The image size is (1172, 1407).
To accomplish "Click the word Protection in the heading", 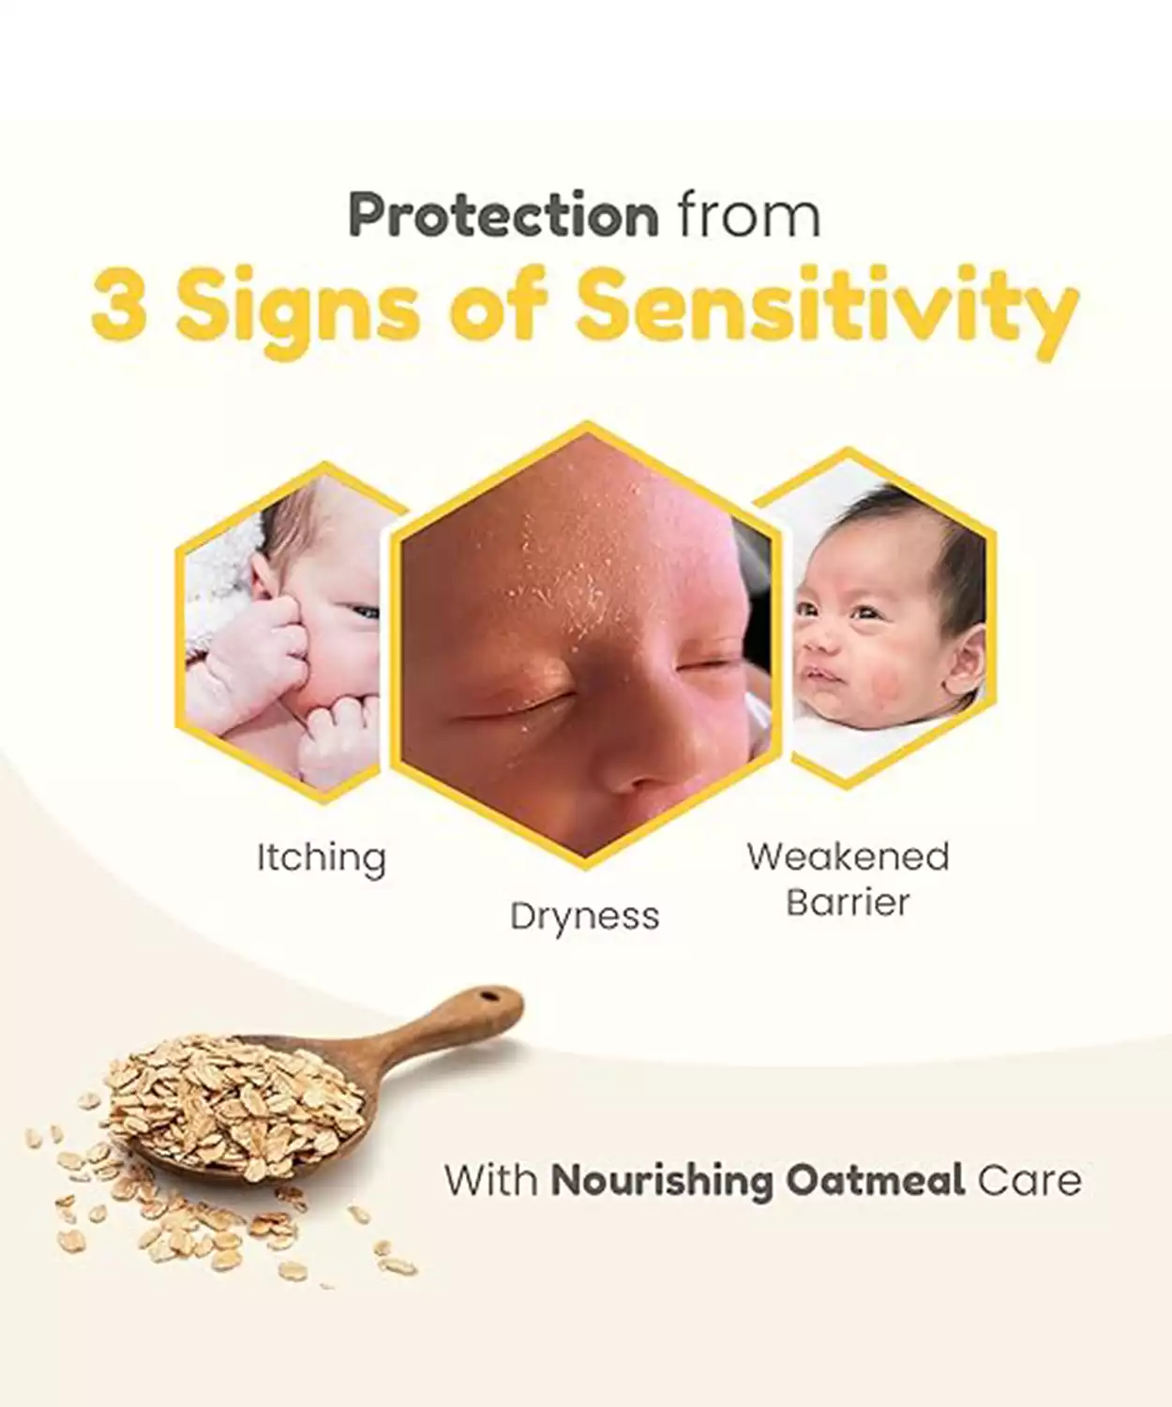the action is pos(503,217).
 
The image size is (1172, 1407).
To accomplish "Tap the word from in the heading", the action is pos(749,217).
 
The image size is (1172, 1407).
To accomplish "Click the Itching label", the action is pos(322,858).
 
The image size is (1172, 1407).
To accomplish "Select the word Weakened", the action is pos(848,856).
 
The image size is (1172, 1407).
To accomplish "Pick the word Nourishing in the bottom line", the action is pos(662,1181).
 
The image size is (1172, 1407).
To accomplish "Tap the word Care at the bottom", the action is pos(1029,1181).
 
